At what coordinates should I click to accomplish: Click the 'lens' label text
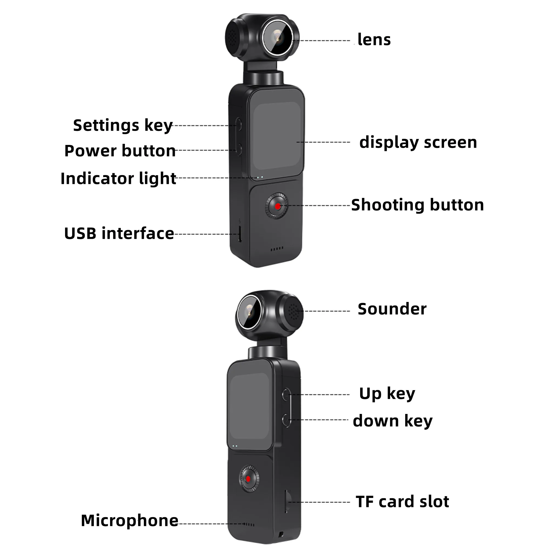click(374, 40)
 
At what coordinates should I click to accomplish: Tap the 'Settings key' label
click(123, 125)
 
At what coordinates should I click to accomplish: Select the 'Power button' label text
click(120, 151)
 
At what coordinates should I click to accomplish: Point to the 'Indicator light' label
click(118, 178)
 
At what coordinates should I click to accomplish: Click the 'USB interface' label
click(119, 234)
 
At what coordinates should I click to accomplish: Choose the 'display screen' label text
click(418, 142)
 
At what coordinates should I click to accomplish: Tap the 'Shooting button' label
click(418, 205)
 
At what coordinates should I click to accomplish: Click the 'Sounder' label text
click(392, 309)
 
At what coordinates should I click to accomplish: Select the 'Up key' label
click(387, 394)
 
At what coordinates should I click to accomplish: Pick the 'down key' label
click(393, 421)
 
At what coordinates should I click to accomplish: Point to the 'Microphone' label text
click(130, 520)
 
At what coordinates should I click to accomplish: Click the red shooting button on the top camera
click(278, 206)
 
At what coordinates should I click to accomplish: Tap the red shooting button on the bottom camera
click(248, 479)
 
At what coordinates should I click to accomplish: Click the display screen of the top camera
click(277, 136)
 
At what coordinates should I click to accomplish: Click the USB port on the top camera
click(240, 234)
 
